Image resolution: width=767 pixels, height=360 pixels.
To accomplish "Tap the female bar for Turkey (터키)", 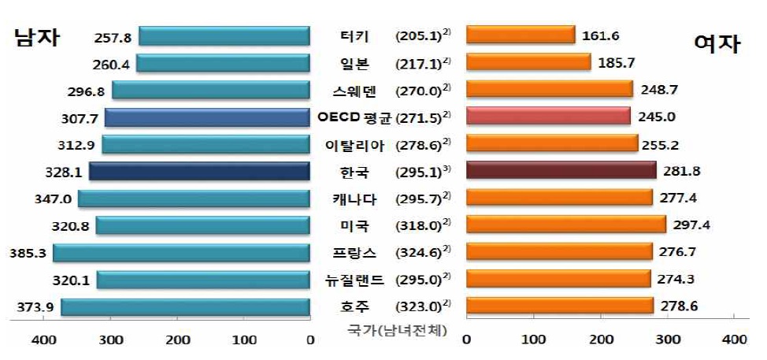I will [521, 35].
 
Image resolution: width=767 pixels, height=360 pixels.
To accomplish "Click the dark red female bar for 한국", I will [561, 172].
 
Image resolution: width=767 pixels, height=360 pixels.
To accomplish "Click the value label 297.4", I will [692, 226].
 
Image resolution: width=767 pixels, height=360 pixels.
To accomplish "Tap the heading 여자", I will [717, 45].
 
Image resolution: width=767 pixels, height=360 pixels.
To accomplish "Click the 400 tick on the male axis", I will [43, 340].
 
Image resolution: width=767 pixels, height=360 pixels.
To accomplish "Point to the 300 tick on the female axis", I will [668, 340].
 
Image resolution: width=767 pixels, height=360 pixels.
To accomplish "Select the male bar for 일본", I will [223, 63].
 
